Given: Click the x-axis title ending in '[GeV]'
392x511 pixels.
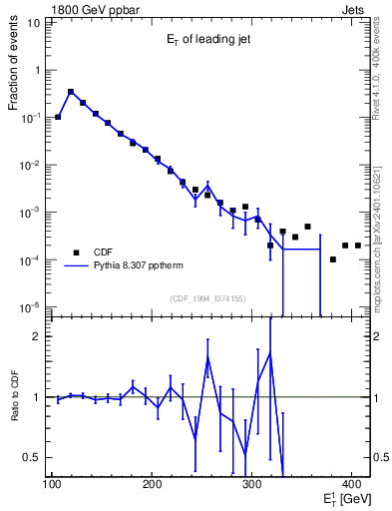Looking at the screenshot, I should coord(343,497).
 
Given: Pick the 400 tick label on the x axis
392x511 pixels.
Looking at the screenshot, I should coord(351,484).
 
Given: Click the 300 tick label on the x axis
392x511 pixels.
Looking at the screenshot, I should coord(251,484).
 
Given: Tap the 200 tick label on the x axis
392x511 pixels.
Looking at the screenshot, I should coord(152,484).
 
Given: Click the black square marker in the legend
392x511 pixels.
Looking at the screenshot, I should coord(75,252).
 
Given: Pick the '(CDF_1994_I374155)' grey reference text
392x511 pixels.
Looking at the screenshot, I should coord(208,298).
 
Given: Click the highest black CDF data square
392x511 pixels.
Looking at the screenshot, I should coord(71,92).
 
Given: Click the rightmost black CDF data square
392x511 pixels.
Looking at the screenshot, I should coord(358,245).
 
